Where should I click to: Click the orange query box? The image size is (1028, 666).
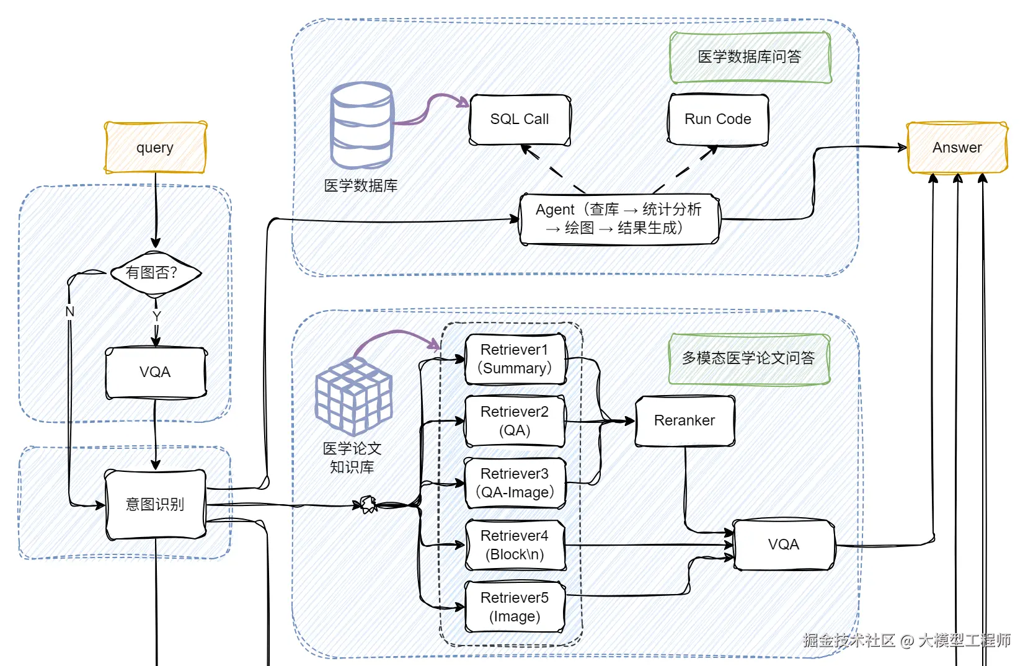tap(156, 148)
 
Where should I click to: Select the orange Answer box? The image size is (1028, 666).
tap(957, 148)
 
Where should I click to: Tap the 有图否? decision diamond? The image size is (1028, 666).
tap(156, 273)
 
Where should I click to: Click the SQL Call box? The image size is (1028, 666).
tap(520, 119)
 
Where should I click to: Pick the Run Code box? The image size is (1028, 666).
tap(718, 119)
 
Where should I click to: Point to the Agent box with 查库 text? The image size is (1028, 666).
tap(619, 219)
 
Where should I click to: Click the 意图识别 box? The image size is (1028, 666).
tap(156, 504)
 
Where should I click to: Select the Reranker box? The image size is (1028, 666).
tap(685, 420)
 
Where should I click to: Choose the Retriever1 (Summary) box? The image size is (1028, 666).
tap(515, 359)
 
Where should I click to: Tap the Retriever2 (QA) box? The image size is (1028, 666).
tap(515, 421)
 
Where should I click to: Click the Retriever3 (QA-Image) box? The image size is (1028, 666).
tap(515, 483)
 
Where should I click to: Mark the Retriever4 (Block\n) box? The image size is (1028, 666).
tap(515, 545)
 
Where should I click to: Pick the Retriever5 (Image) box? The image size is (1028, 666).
tap(515, 607)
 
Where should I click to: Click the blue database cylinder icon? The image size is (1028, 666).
tap(361, 126)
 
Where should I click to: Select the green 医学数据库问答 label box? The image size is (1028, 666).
tap(750, 57)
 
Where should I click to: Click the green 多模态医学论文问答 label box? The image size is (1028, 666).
tap(750, 358)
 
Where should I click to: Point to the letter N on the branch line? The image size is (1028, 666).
tap(70, 312)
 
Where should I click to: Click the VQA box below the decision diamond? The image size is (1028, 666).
tap(156, 372)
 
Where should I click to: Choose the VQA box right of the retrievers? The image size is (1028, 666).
tap(784, 545)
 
